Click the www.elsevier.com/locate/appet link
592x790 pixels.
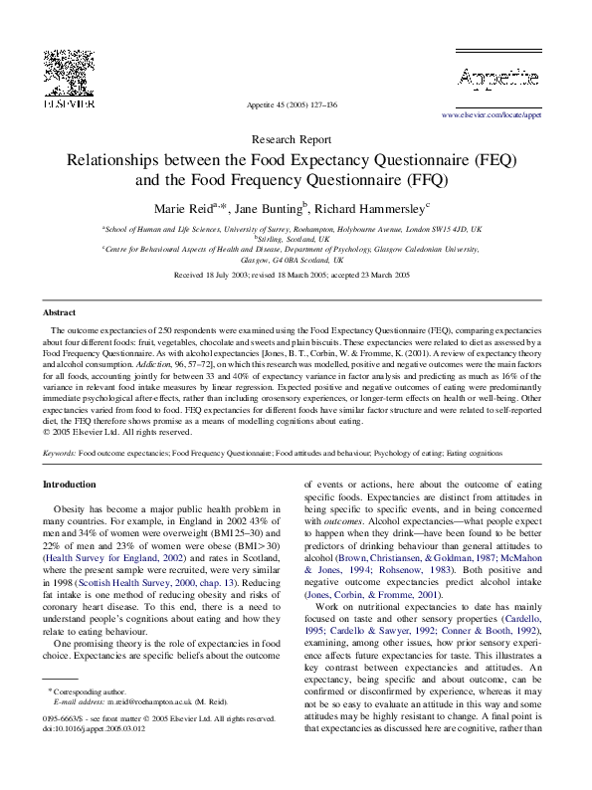pyautogui.click(x=504, y=115)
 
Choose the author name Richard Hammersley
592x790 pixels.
pyautogui.click(x=378, y=208)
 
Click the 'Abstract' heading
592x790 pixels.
pyautogui.click(x=59, y=311)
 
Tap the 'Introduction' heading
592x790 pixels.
pyautogui.click(x=70, y=485)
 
